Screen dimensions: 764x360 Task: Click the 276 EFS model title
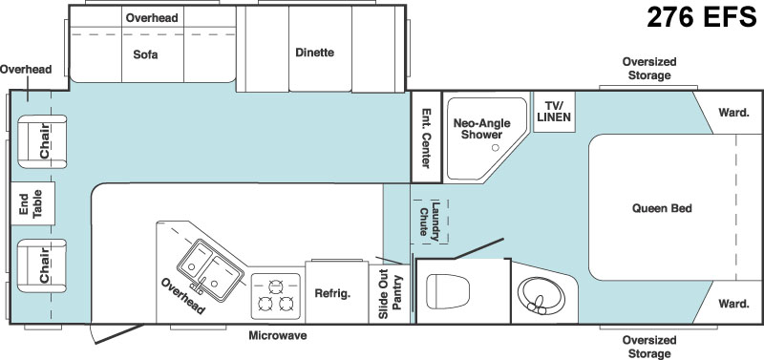[701, 17]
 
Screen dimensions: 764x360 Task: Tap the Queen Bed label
[662, 208]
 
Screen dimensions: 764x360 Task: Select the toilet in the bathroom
[447, 291]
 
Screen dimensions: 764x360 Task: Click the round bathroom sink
[541, 296]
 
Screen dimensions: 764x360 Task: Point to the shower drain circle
[496, 148]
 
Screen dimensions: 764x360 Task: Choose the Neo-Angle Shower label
[481, 129]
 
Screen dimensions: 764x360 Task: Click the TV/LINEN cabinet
[555, 112]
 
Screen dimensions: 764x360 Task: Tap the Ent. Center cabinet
[426, 137]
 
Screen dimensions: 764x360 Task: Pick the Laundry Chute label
[429, 222]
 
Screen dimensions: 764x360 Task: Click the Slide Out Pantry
[389, 294]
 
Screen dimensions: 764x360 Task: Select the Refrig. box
[337, 292]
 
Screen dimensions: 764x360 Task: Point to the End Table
[32, 203]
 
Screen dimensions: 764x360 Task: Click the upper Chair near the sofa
[42, 141]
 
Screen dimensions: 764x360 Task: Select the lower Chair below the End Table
[42, 266]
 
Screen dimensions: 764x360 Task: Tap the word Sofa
[145, 54]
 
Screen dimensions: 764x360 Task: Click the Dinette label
[315, 53]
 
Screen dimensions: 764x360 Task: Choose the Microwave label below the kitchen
[278, 335]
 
